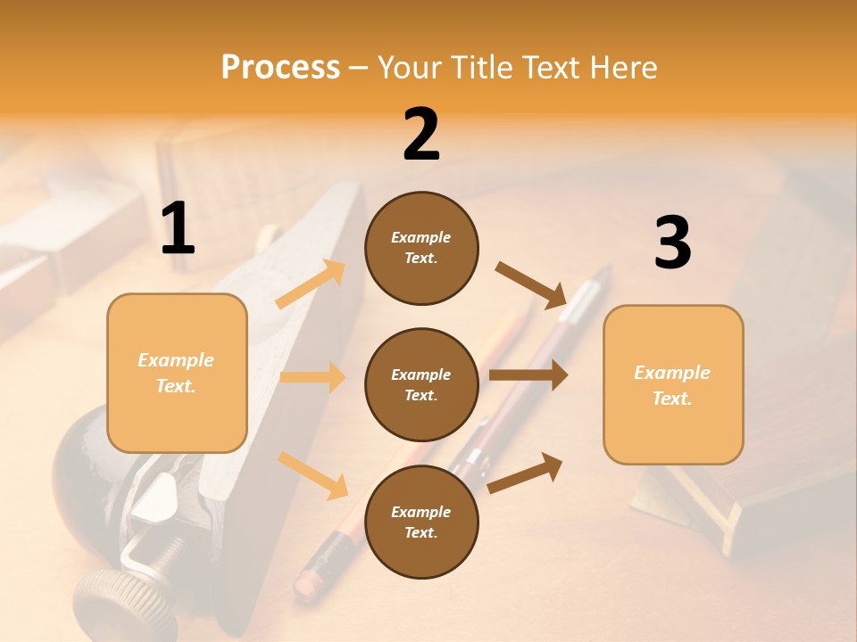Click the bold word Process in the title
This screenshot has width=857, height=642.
pos(280,68)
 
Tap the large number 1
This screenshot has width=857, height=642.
pos(178,229)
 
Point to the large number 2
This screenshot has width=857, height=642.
pos(421,135)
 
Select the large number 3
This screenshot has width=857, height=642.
pos(672,243)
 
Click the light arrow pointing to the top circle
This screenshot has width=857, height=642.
pos(311,284)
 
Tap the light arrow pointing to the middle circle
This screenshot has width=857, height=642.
pos(312,377)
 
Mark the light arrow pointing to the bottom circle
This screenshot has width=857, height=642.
pos(313,474)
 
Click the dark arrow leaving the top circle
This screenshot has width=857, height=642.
pos(531,285)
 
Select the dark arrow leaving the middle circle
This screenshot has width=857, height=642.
pos(528,375)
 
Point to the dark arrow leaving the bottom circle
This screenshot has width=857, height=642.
pos(525,473)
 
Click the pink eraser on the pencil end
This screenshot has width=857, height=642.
pos(308,580)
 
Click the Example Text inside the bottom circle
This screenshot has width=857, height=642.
pos(421,522)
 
